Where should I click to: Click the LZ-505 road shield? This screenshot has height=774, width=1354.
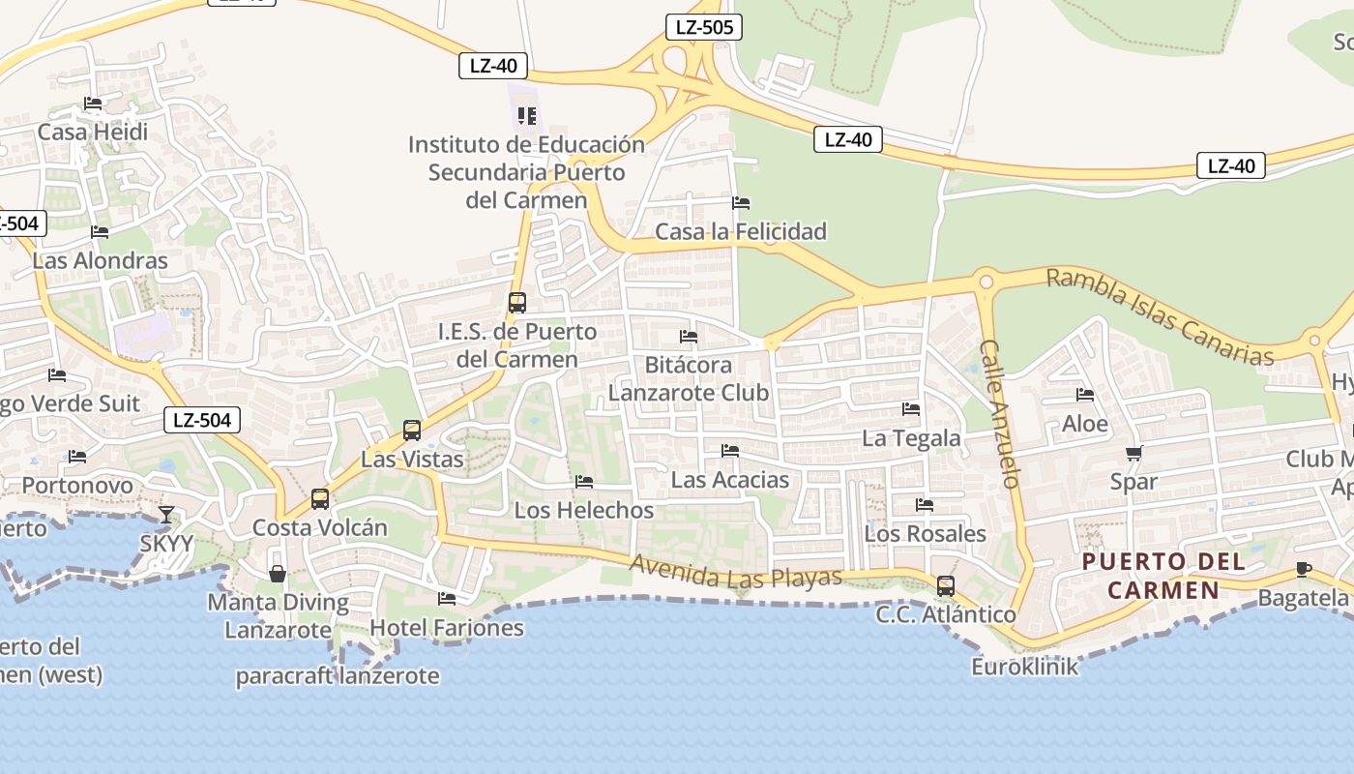(x=704, y=27)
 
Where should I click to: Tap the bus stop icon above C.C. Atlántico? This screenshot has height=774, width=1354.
(x=945, y=585)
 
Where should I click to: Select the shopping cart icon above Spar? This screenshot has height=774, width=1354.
(x=1133, y=454)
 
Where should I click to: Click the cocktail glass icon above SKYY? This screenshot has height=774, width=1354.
(x=166, y=514)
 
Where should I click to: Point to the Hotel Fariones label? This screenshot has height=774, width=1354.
(x=447, y=627)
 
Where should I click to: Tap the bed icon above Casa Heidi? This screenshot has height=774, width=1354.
(x=93, y=104)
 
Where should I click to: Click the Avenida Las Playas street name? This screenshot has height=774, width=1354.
(x=736, y=572)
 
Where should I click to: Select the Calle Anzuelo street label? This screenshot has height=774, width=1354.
(x=1000, y=413)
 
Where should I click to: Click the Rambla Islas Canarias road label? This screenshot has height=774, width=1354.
(x=1160, y=316)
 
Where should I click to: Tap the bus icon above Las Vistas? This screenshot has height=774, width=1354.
(x=412, y=430)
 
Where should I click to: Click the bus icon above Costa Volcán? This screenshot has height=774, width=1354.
(x=319, y=499)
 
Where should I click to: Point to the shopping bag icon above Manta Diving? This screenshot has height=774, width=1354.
(x=278, y=574)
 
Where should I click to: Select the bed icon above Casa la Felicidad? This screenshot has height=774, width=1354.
(x=741, y=203)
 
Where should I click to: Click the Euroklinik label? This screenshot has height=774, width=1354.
(x=1025, y=667)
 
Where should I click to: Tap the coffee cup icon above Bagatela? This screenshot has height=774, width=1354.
(x=1303, y=569)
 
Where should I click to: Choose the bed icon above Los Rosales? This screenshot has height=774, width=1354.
(x=925, y=505)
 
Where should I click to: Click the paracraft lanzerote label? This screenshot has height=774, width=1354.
(x=338, y=676)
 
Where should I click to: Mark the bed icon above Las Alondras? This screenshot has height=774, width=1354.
(x=100, y=232)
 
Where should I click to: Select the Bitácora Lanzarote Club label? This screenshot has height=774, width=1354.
(x=689, y=379)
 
